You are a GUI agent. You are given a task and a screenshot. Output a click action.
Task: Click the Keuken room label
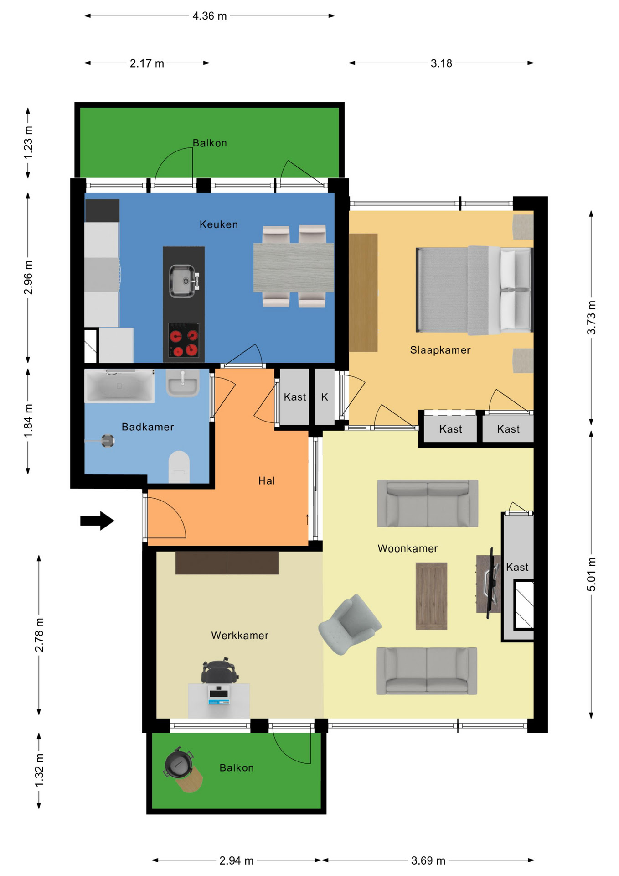(219, 224)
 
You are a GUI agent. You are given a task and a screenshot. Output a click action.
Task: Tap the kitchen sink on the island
(184, 281)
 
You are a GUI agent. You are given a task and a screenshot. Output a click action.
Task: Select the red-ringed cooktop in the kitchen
(184, 340)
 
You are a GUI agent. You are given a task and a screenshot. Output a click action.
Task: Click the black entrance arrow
(97, 521)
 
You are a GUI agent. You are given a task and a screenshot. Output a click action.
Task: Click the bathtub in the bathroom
(119, 386)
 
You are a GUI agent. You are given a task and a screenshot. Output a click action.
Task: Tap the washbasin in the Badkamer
(183, 383)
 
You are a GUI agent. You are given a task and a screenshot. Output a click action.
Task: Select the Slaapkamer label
(440, 350)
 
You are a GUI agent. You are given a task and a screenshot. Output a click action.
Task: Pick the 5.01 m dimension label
(591, 574)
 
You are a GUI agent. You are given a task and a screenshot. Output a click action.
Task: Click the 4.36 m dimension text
(210, 16)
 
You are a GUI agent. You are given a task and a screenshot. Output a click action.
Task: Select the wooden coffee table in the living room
(431, 596)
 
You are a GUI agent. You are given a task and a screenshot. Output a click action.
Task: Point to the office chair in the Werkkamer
(220, 670)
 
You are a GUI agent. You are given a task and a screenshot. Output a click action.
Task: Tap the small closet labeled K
(325, 397)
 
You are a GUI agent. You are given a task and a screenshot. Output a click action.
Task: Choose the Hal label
(267, 480)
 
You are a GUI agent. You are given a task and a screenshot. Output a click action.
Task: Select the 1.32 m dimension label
(40, 770)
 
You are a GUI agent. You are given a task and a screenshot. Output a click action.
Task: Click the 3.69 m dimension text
(428, 860)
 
